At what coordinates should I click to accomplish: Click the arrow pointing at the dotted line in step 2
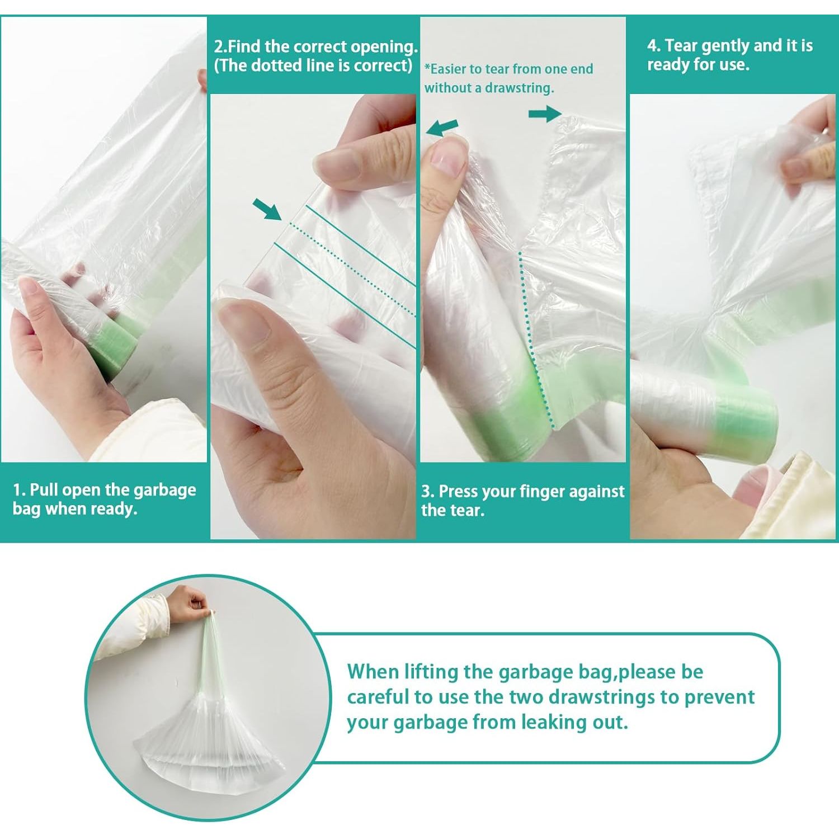(267, 209)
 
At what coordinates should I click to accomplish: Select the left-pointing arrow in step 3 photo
(442, 128)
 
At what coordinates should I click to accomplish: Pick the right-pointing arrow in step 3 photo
(545, 114)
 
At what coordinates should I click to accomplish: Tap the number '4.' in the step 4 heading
(654, 45)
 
